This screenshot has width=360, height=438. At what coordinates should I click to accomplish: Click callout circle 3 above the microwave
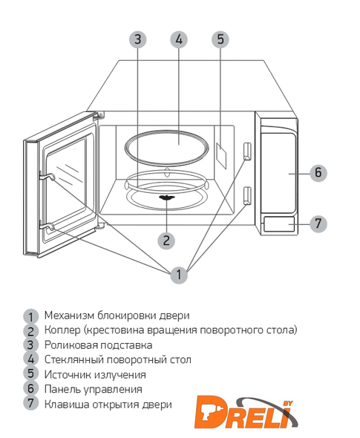(x=137, y=39)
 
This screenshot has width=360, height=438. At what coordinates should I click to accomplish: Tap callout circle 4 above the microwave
(x=179, y=39)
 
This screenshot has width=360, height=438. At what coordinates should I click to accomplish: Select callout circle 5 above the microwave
(x=220, y=39)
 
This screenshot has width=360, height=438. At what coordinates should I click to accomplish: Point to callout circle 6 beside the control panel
(x=318, y=173)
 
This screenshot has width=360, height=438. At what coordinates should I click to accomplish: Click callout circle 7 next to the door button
(x=318, y=223)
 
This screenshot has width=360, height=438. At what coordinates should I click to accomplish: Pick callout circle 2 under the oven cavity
(x=166, y=241)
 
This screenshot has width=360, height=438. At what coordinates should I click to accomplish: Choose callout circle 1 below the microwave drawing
(x=179, y=275)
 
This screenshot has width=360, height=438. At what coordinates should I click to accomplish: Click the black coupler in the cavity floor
(x=167, y=197)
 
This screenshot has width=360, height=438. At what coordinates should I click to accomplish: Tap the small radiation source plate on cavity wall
(x=221, y=156)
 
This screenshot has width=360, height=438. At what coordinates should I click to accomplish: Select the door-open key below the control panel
(x=279, y=223)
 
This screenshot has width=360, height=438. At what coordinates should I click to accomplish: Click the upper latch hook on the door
(x=47, y=177)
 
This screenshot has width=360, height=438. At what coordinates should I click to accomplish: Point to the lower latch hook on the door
(x=46, y=227)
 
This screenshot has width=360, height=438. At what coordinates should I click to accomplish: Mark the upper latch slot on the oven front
(x=247, y=151)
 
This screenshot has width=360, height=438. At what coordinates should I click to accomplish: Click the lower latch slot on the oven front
(x=247, y=195)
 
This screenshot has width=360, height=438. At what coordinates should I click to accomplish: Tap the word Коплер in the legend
(x=62, y=330)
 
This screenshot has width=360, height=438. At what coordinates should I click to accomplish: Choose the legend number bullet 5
(x=30, y=373)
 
